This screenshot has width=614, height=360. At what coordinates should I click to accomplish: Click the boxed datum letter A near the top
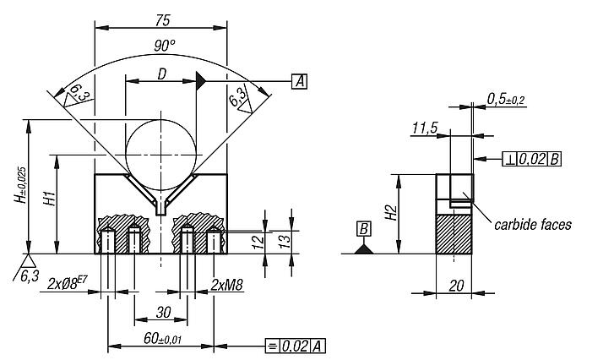(x=299, y=81)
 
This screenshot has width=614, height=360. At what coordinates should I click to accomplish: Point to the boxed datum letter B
(x=364, y=229)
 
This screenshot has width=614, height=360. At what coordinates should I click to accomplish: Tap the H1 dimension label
(x=51, y=201)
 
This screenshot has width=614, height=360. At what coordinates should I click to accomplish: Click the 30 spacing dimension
(x=164, y=312)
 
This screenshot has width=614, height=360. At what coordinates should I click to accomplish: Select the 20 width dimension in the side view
(x=455, y=286)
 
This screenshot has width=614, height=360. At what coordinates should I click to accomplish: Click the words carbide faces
(x=532, y=224)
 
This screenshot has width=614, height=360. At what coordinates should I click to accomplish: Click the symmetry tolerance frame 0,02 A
(x=295, y=346)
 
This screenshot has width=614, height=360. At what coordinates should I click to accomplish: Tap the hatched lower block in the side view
(x=455, y=232)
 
